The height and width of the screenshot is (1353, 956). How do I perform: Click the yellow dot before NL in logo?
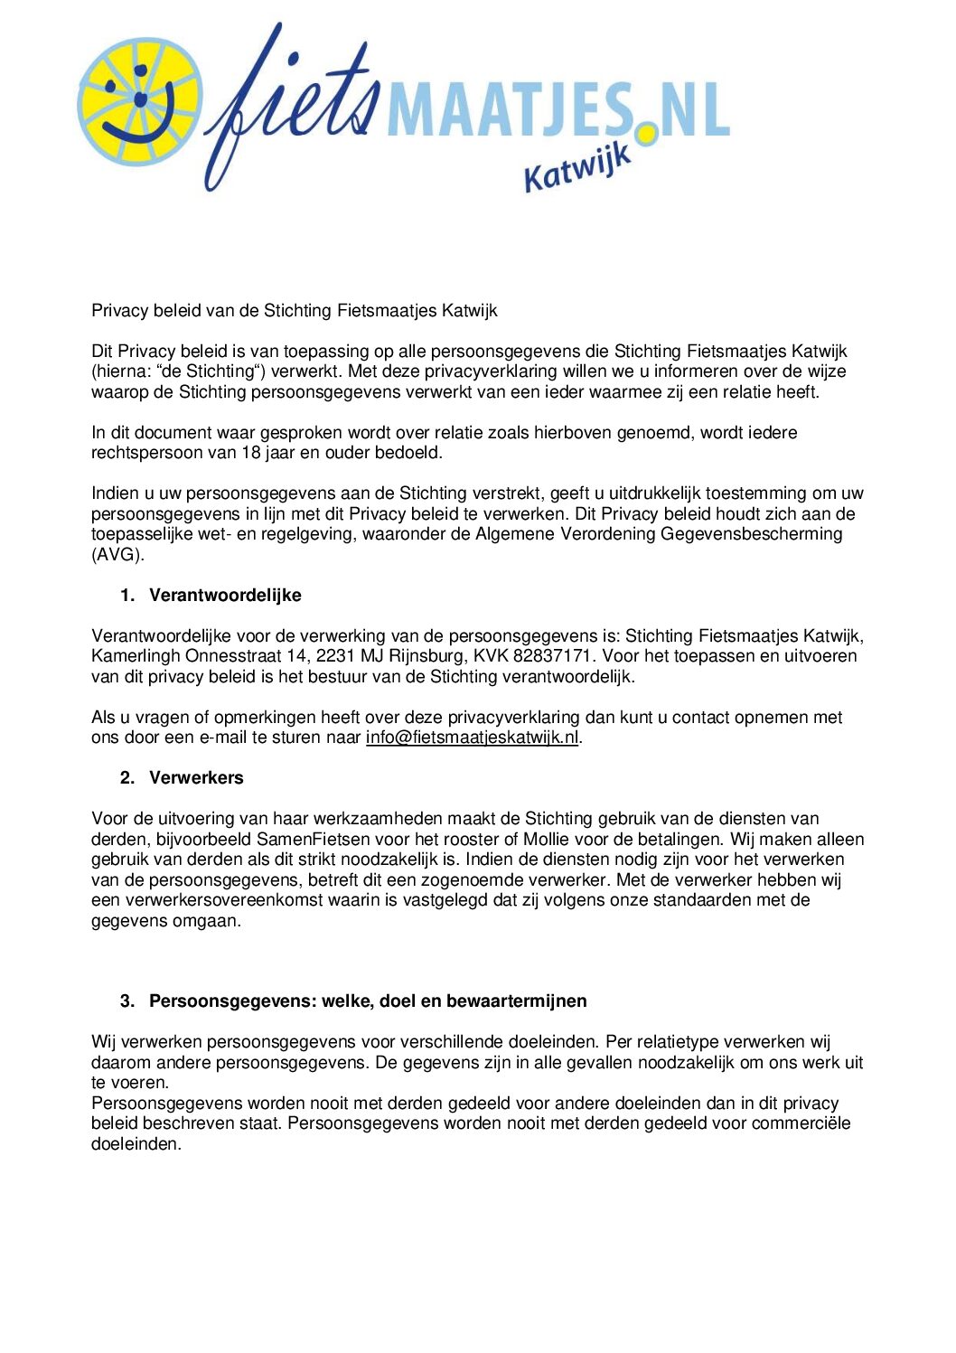647,134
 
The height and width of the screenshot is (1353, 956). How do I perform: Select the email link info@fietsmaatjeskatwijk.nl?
472,738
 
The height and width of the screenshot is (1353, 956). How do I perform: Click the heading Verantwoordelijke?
225,596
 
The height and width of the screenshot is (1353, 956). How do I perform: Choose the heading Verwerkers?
196,778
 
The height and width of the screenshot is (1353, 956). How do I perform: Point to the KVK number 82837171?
552,656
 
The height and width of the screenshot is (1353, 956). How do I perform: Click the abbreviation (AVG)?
117,555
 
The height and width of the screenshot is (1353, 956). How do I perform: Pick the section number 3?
127,1001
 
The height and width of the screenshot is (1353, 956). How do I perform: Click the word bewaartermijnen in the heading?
516,1001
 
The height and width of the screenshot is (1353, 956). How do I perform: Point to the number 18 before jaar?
251,453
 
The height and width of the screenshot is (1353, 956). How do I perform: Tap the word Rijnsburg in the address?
426,656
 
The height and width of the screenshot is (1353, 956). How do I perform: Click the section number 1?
127,596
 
